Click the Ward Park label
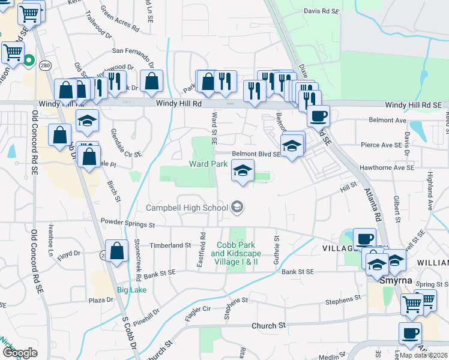click(208, 163)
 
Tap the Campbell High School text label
click(187, 208)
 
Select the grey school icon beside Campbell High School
click(237, 208)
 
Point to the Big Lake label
click(131, 290)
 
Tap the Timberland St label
click(170, 245)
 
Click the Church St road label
click(268, 326)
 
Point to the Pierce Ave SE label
click(381, 145)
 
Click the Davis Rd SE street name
click(321, 11)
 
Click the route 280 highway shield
click(45, 65)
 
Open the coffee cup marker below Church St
click(410, 334)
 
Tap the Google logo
click(20, 353)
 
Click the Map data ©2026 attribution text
click(423, 355)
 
